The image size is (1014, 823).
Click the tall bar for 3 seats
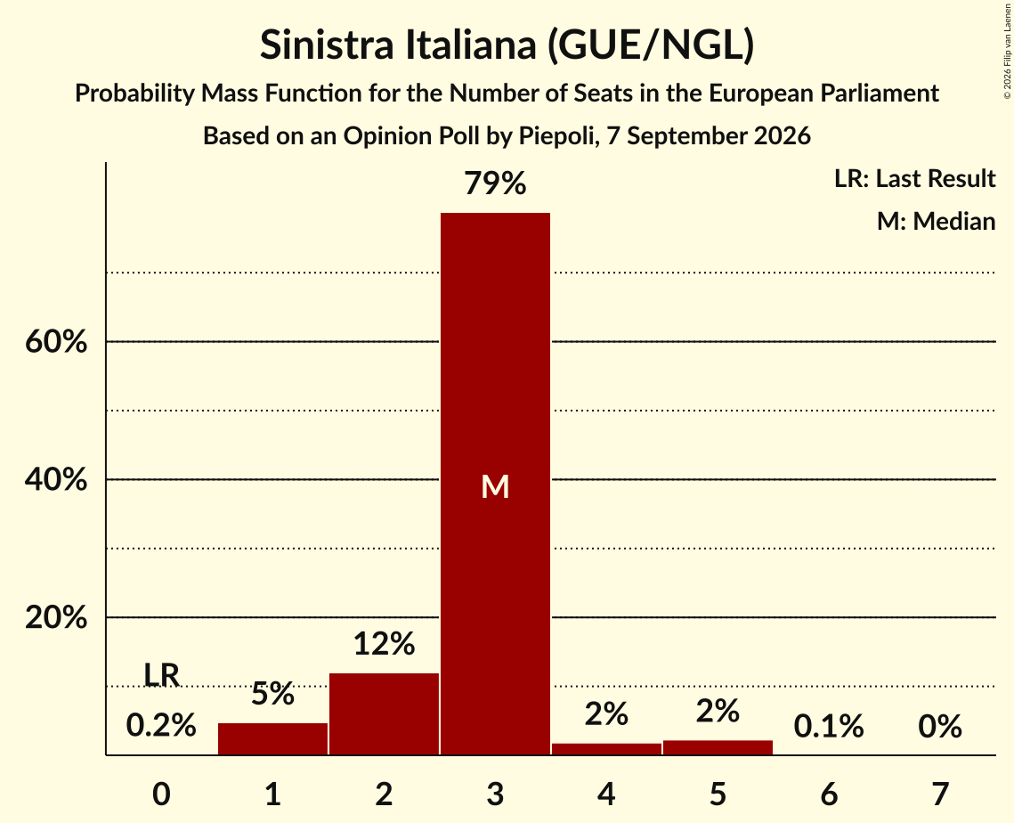pos(495,484)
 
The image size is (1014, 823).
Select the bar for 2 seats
pos(384,713)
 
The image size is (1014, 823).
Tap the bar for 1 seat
pos(273,738)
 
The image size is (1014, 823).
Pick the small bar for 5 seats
pos(718,747)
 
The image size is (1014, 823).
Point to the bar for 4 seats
pos(606,748)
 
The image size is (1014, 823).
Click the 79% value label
pos(495,183)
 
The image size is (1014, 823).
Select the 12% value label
pos(384,644)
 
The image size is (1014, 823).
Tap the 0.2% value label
pos(161,725)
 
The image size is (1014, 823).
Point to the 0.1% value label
pos(829,727)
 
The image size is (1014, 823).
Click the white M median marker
pos(495,486)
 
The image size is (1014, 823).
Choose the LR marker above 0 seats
pos(161,675)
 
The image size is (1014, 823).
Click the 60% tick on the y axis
pos(56,341)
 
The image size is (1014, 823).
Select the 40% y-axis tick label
pos(56,479)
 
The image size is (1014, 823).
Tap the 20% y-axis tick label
pos(56,617)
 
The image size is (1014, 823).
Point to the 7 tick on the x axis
pos(940,794)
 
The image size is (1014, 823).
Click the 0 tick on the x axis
pos(161,794)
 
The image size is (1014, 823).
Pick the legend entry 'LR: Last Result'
pos(914,178)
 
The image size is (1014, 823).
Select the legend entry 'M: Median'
pos(936,221)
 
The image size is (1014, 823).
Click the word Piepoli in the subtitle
pos(556,136)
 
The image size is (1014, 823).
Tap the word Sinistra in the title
pos(327,45)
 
